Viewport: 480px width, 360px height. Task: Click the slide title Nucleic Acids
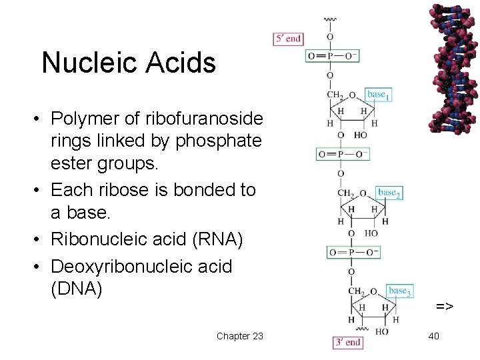129,63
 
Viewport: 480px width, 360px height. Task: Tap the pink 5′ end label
287,39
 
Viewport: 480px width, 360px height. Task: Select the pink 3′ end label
347,343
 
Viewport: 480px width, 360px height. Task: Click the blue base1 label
377,95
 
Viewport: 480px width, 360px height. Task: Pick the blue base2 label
389,193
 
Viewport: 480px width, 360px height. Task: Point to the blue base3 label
399,291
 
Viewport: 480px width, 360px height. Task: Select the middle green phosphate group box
342,155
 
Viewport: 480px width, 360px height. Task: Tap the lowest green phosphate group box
353,253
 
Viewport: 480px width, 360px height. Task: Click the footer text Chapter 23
239,336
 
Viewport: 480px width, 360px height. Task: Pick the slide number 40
433,336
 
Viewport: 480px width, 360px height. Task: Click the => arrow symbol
445,306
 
